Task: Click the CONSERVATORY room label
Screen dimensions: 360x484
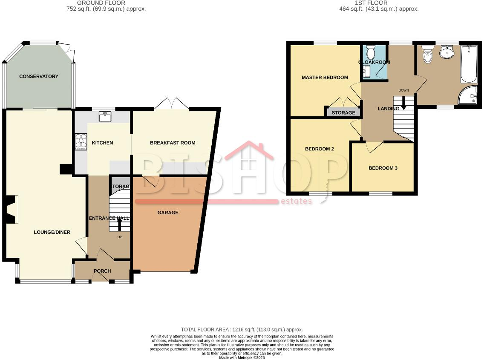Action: point(38,76)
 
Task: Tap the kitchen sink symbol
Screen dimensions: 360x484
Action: point(104,116)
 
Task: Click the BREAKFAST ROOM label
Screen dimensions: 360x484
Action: point(173,143)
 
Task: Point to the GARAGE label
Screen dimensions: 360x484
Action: point(168,213)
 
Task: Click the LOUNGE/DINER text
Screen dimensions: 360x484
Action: point(52,232)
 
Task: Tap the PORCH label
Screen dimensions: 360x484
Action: point(102,271)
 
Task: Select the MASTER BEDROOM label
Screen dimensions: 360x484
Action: point(325,78)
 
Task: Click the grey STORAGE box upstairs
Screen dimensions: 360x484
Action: point(343,112)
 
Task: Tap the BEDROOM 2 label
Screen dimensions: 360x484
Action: point(319,149)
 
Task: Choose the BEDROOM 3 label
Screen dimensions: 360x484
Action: point(383,168)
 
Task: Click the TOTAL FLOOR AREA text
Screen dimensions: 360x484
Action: point(242,329)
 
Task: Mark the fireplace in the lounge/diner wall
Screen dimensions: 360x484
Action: point(13,209)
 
